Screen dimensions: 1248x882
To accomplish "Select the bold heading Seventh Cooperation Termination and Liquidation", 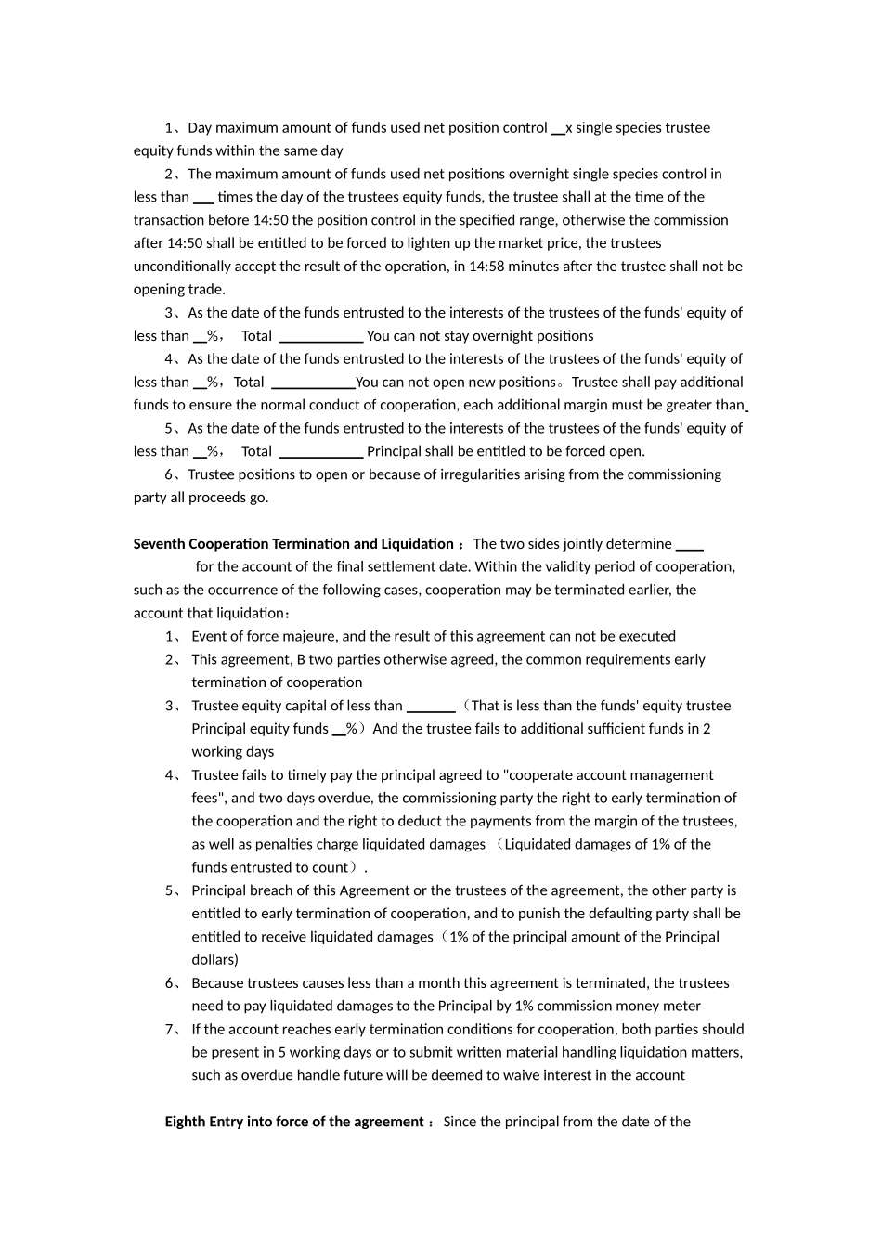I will coord(293,544).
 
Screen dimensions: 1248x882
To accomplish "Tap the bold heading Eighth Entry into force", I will coord(294,1122).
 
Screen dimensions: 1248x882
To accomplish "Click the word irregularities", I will coord(447,474).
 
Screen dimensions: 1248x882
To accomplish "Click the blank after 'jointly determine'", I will coord(689,545).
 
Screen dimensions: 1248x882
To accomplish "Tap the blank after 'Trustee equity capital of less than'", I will coord(431,707).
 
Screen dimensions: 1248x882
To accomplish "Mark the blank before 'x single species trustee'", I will coord(558,129).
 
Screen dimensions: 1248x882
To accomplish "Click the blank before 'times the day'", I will coord(203,198).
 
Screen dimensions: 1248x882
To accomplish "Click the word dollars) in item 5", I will coord(214,960).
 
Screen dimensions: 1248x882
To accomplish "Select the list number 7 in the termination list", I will coord(171,1030).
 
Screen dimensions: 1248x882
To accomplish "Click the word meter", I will coord(681,1006).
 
